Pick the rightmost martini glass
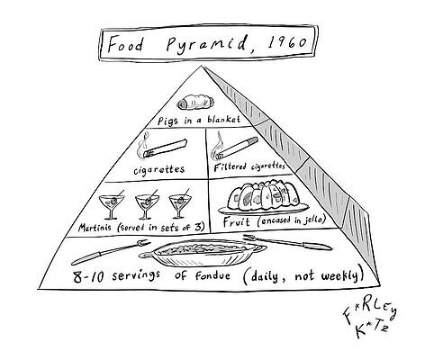(x=180, y=203)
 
